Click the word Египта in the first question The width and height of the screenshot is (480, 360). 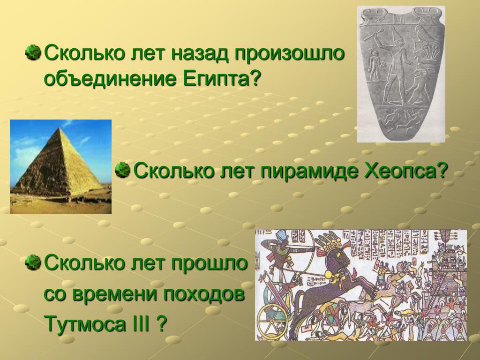[217, 79]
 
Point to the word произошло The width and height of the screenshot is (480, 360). [290, 54]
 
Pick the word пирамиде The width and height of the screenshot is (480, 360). [309, 171]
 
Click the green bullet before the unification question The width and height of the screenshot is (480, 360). [33, 52]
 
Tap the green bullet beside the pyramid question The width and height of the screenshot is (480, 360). [123, 170]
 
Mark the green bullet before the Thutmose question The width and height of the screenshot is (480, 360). [33, 262]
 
